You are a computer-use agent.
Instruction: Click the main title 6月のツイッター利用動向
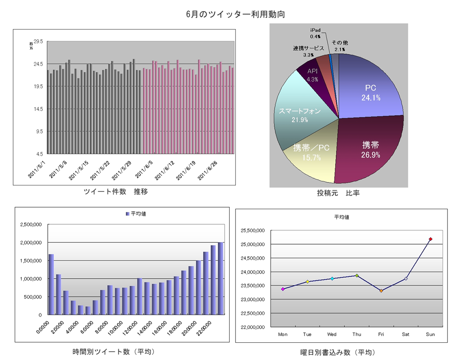tap(236, 14)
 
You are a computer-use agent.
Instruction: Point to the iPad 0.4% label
tap(315, 34)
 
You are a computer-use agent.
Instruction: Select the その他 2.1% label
tap(340, 46)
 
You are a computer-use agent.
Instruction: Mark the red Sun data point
tap(430, 239)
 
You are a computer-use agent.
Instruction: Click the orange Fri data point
tap(381, 290)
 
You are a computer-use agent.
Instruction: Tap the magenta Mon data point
tap(283, 289)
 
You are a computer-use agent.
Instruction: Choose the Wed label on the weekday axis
tap(332, 334)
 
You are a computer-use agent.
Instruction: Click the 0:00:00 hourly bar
tap(51, 284)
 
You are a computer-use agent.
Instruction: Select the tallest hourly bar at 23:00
tap(221, 278)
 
